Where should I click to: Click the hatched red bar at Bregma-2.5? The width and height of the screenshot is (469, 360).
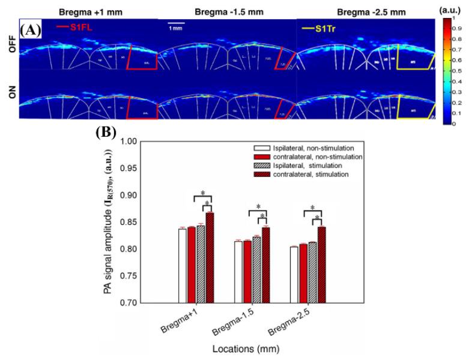pyautogui.click(x=321, y=265)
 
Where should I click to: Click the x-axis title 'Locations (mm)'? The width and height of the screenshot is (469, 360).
pyautogui.click(x=244, y=347)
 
